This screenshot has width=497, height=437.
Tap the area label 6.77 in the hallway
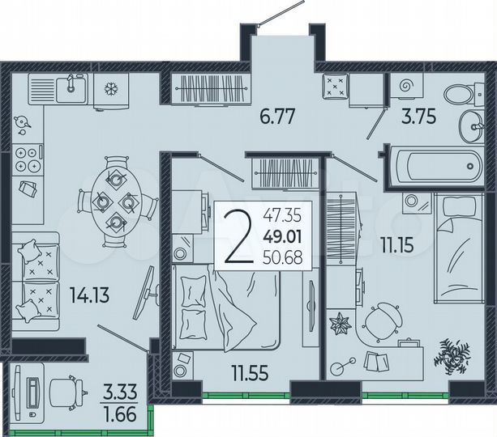[x=276, y=116]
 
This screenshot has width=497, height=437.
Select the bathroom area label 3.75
[x=420, y=116]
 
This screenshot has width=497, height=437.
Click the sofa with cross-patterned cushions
[x=36, y=277]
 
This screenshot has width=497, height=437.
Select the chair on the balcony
[x=65, y=392]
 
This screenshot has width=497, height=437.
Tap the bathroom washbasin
[x=470, y=125]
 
